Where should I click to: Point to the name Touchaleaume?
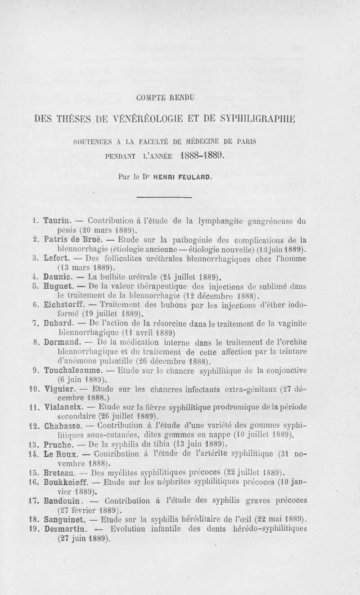coord(73,371)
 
